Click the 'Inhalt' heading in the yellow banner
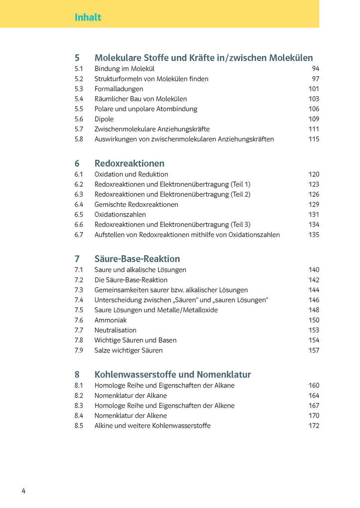(x=88, y=17)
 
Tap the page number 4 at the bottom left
(x=23, y=491)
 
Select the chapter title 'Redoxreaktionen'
(x=129, y=163)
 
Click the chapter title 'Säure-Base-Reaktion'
(x=137, y=258)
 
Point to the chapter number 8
(x=77, y=374)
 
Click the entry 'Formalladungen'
(x=119, y=89)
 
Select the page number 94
(x=316, y=69)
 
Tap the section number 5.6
(x=79, y=119)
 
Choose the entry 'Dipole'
(x=104, y=119)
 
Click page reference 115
(x=314, y=139)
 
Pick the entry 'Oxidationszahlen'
(x=120, y=214)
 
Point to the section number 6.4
(x=79, y=204)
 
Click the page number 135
(x=314, y=235)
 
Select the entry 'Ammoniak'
(x=111, y=320)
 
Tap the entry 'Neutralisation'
(x=115, y=330)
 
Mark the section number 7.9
(x=79, y=350)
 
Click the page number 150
(x=314, y=320)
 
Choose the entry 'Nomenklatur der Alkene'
(x=130, y=415)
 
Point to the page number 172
(x=314, y=425)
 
